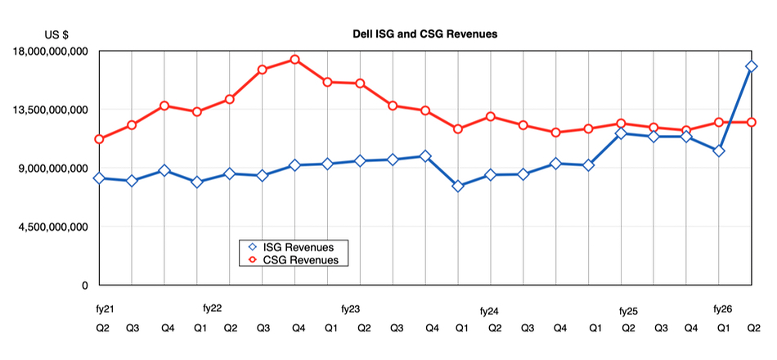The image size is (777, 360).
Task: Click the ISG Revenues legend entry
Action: click(299, 247)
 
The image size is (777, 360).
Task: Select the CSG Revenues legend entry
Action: click(299, 260)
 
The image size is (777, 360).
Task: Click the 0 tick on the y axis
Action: click(83, 286)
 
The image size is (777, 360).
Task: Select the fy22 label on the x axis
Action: click(212, 309)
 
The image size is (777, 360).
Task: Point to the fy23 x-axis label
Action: click(350, 309)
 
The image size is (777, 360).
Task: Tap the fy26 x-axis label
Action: click(722, 309)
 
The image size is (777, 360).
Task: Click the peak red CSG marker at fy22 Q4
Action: click(294, 60)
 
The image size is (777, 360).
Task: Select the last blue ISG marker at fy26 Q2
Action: click(752, 67)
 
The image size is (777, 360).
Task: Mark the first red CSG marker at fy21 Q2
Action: click(99, 139)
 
